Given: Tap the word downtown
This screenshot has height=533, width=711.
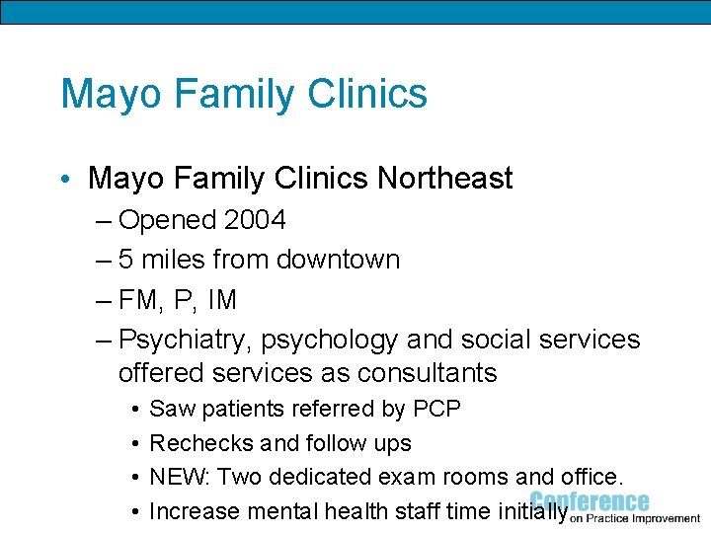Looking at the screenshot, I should [x=338, y=260].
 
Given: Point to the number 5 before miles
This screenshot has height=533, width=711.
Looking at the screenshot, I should [x=126, y=260].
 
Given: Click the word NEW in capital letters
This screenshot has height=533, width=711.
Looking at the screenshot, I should [x=178, y=478].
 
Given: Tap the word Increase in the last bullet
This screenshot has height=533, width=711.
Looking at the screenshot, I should [x=195, y=511].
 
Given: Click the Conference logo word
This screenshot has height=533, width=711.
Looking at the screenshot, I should [x=590, y=501].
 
